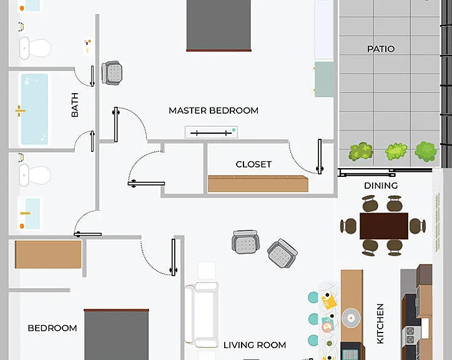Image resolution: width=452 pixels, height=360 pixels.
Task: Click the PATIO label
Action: [381, 49]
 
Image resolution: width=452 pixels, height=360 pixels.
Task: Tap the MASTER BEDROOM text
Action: [214, 111]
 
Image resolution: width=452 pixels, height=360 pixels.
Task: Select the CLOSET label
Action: [253, 164]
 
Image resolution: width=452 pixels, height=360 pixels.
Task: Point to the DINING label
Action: [381, 186]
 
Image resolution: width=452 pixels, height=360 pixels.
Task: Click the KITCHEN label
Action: [380, 324]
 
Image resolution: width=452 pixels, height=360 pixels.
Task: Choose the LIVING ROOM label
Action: [255, 345]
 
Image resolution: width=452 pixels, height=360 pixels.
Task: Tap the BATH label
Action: [75, 105]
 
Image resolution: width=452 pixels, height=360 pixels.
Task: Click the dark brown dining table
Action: [384, 226]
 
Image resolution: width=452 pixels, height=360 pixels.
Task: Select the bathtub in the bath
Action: [34, 109]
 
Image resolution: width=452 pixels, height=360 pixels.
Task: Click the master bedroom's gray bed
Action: [219, 26]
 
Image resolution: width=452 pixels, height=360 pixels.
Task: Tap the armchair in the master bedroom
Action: [112, 72]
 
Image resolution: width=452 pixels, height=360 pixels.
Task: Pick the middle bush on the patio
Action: [396, 152]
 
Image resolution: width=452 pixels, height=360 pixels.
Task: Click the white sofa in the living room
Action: [202, 315]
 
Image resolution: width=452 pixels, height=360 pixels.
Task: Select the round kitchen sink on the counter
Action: [351, 318]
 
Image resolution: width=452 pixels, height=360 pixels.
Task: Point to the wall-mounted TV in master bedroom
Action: [211, 132]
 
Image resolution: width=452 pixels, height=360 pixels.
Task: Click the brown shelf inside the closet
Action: [258, 184]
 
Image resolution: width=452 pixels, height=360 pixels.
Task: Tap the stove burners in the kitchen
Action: [410, 335]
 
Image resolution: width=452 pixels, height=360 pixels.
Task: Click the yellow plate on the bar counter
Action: [328, 301]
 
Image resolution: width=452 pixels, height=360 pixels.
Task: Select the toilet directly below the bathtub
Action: [34, 175]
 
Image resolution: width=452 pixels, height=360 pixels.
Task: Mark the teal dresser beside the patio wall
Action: [324, 79]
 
